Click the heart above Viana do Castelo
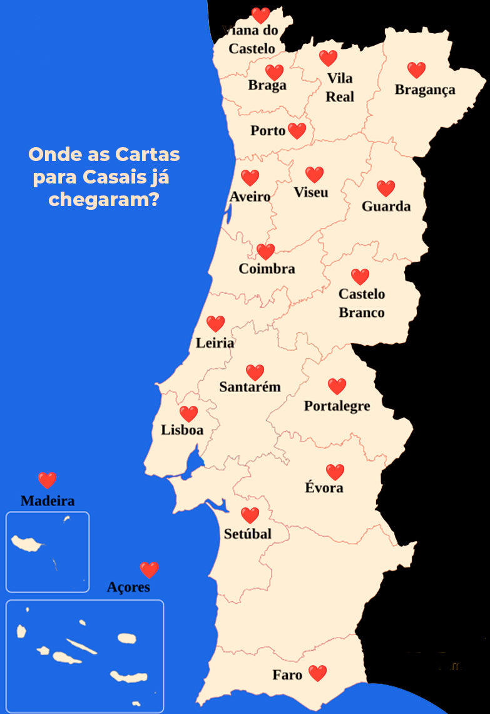(x=260, y=15)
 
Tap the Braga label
(x=267, y=86)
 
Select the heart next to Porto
(x=297, y=131)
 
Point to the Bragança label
(x=425, y=90)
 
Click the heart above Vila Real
(x=328, y=58)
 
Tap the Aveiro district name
(x=250, y=197)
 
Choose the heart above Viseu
(x=314, y=175)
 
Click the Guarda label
(x=386, y=206)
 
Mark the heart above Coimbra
(x=265, y=252)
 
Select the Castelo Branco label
(x=362, y=303)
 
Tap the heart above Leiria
(x=215, y=324)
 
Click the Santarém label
(x=250, y=387)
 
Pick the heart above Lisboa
(x=188, y=414)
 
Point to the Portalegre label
(x=337, y=406)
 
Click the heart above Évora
(x=335, y=472)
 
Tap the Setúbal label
(x=248, y=534)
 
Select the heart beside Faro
(x=317, y=673)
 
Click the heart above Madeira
(x=47, y=480)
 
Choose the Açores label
(x=128, y=587)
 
